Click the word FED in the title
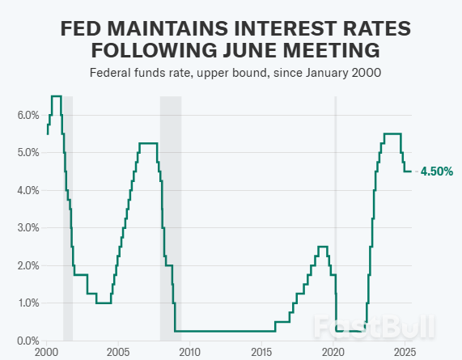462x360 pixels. [85, 29]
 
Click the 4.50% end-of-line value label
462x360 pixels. [436, 172]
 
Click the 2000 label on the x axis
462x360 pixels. [46, 353]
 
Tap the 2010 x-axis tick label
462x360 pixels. [189, 353]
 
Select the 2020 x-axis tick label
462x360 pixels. [333, 353]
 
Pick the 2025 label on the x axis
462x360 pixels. [405, 353]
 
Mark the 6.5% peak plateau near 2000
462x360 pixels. [56, 96]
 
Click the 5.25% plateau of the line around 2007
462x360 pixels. [147, 143]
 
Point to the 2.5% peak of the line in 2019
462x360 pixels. [322, 247]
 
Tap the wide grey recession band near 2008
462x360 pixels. [170, 218]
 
